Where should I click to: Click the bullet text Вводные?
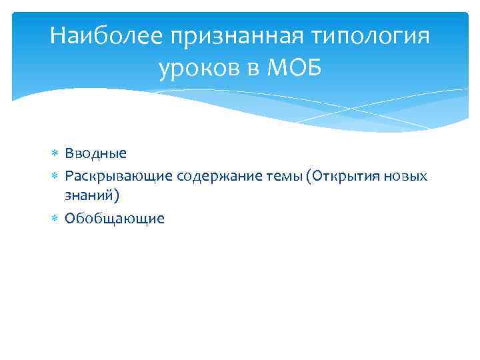click(x=95, y=153)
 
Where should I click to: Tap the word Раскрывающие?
click(x=119, y=175)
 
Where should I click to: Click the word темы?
click(x=281, y=175)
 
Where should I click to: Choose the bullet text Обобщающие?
click(x=114, y=219)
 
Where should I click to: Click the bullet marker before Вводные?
click(x=55, y=154)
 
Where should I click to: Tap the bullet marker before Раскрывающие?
click(x=55, y=176)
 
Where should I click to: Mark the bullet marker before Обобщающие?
click(x=55, y=219)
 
